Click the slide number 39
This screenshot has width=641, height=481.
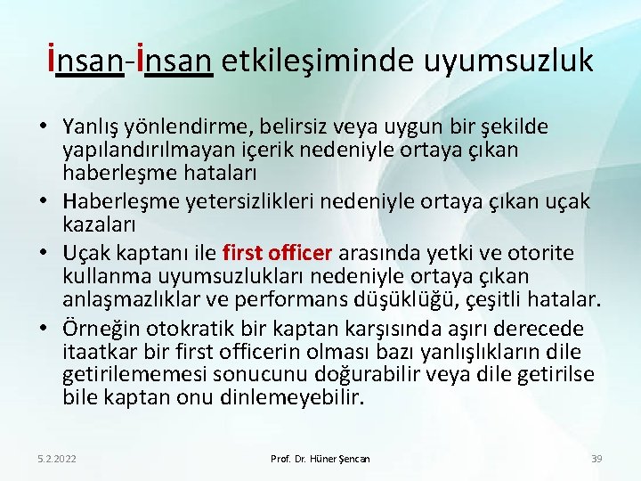pos(596,459)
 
